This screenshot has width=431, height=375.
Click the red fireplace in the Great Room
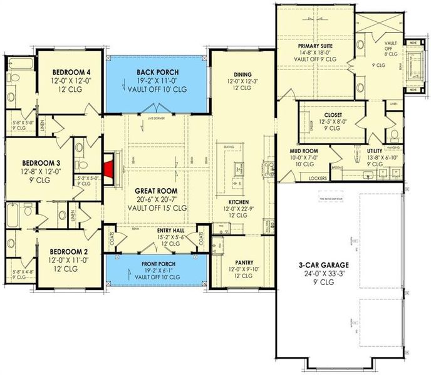tap(110, 167)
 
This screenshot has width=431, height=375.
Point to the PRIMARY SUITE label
tap(314, 46)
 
